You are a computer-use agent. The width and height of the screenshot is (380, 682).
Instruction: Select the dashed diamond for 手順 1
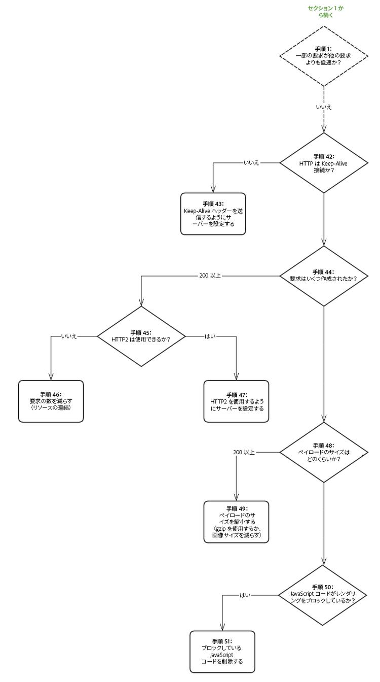tap(323, 55)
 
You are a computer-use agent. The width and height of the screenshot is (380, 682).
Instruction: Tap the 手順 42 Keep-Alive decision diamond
tap(323, 163)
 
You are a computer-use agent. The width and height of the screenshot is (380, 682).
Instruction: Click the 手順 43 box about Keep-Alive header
tap(213, 214)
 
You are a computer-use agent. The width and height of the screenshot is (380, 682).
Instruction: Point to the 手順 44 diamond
tap(323, 276)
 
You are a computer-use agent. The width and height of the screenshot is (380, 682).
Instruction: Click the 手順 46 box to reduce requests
tap(51, 401)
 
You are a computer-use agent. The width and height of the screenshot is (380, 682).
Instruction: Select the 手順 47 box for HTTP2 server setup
tap(236, 401)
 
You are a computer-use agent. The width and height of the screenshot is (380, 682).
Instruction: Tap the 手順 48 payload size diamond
tap(323, 452)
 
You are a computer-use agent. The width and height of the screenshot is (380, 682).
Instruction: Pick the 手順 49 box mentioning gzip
tap(236, 522)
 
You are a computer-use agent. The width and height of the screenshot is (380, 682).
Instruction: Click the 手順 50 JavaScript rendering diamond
tap(323, 595)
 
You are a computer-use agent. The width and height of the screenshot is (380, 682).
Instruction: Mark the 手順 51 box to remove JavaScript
tap(222, 651)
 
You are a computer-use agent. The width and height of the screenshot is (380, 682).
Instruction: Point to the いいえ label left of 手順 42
tap(251, 163)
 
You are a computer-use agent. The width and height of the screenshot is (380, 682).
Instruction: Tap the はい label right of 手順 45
tap(210, 336)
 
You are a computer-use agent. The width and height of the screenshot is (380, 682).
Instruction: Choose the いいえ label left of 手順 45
tap(69, 336)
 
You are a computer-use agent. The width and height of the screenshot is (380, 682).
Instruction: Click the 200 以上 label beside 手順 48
tap(244, 452)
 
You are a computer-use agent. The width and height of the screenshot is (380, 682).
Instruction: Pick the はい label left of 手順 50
tap(245, 595)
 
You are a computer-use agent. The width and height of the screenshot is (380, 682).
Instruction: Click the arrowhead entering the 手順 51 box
tap(222, 628)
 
